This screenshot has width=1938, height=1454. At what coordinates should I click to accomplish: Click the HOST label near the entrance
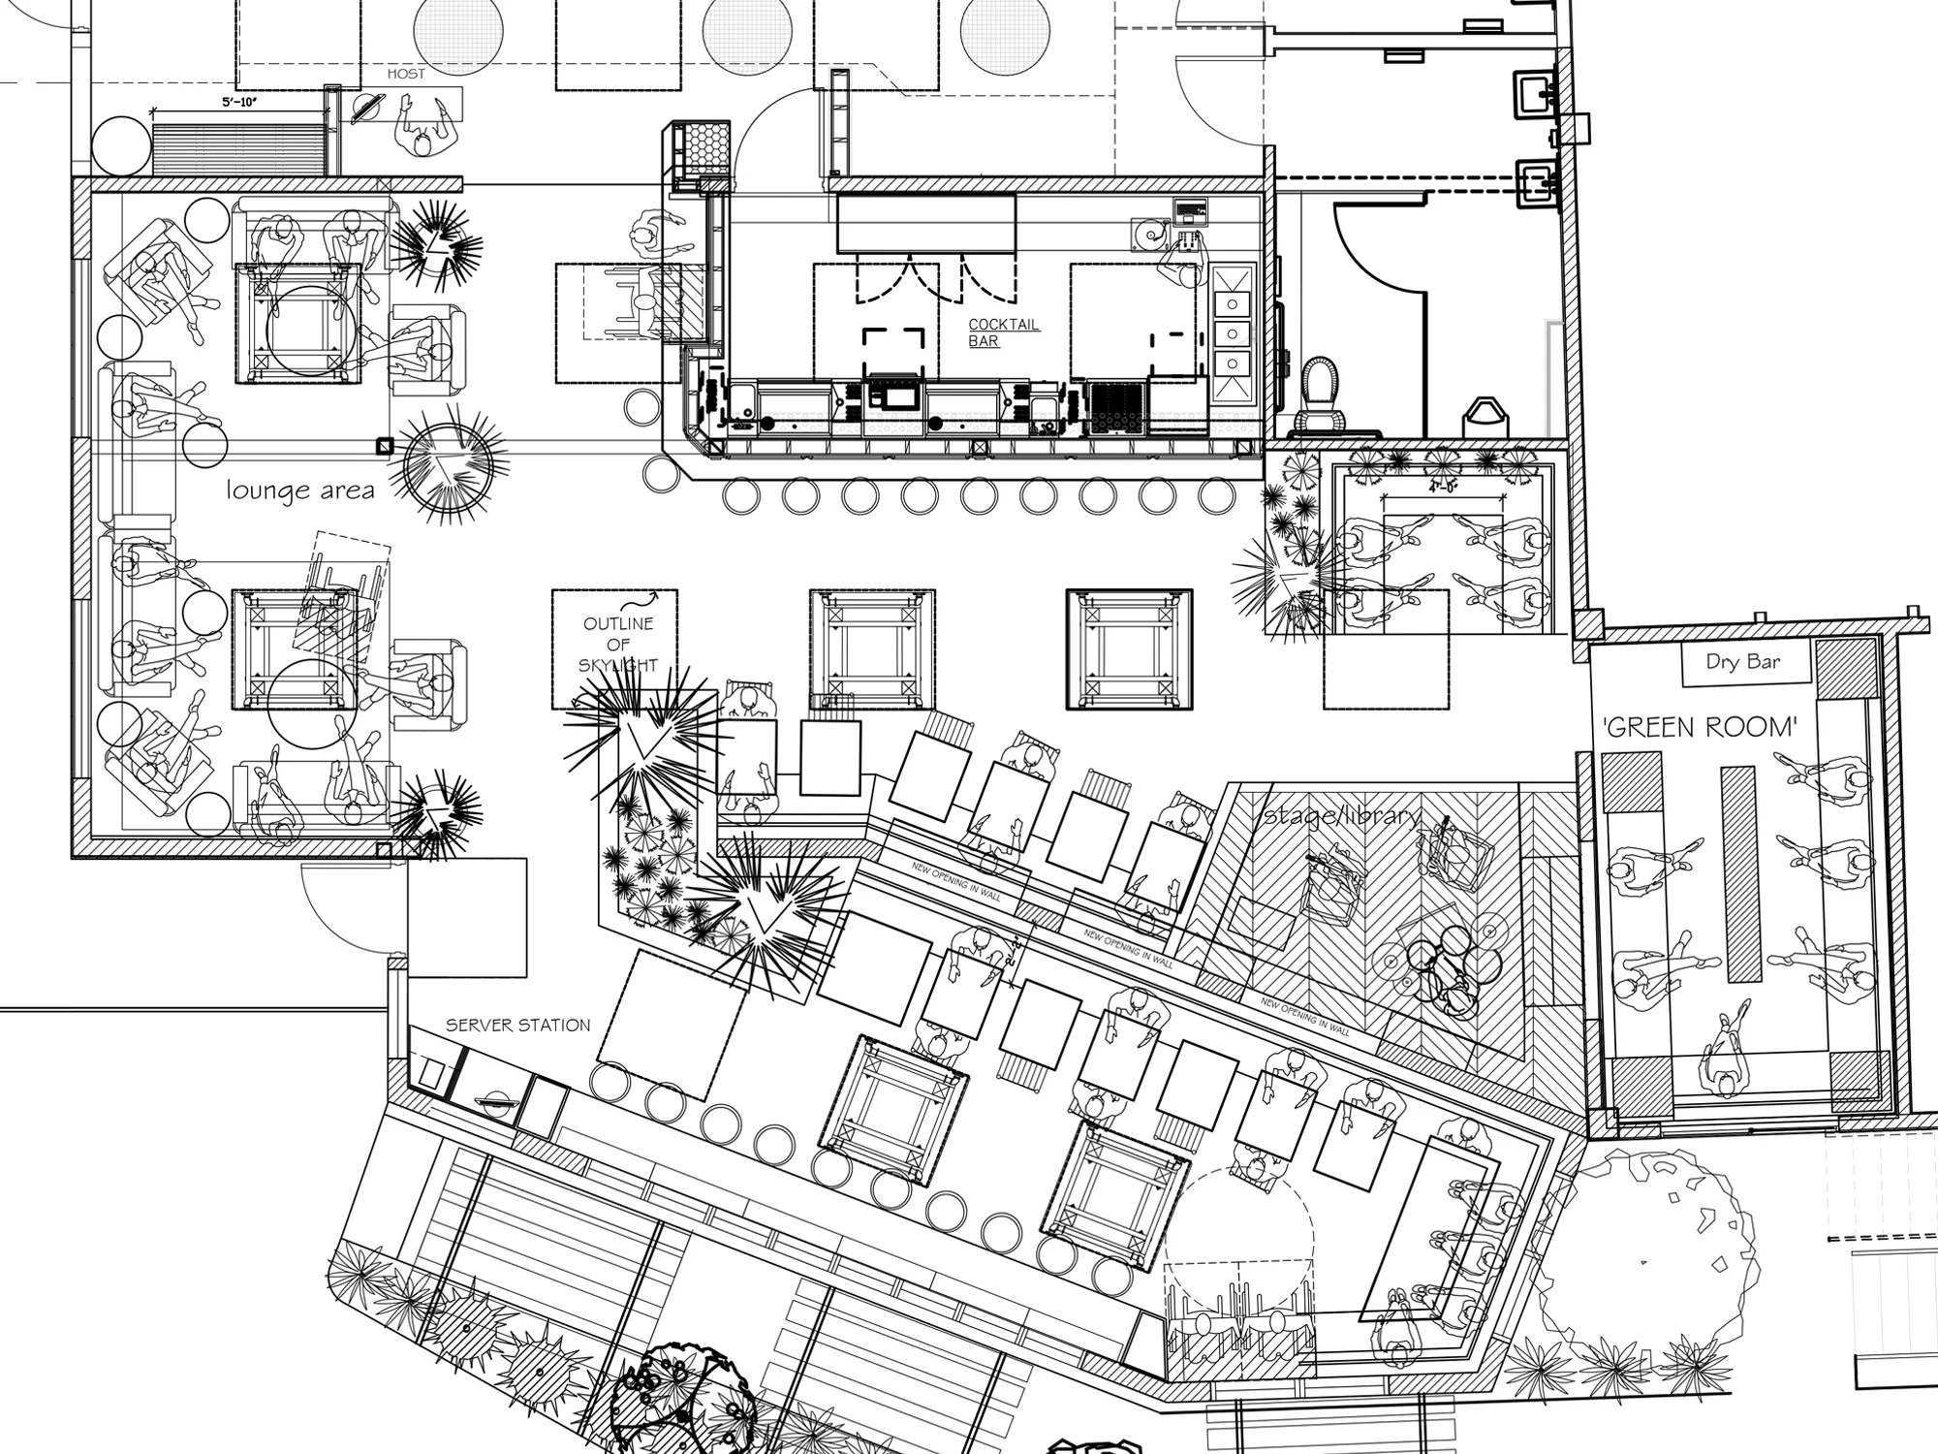click(x=406, y=74)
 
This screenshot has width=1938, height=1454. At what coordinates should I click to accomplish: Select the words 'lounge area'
click(x=300, y=490)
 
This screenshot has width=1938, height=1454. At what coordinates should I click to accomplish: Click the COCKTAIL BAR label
click(x=1003, y=332)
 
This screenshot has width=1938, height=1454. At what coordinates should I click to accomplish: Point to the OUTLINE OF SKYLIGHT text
click(x=618, y=645)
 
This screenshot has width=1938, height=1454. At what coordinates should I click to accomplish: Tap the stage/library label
click(x=1342, y=815)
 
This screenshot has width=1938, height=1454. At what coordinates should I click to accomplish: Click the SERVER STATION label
click(x=517, y=1026)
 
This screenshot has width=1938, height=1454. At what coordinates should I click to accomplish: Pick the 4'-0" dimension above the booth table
click(x=1443, y=490)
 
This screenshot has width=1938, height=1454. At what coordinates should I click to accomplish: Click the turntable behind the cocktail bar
click(x=1149, y=233)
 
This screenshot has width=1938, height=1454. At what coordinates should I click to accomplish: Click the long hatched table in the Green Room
click(x=1738, y=873)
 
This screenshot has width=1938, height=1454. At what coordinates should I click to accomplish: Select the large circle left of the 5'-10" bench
click(x=121, y=146)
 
